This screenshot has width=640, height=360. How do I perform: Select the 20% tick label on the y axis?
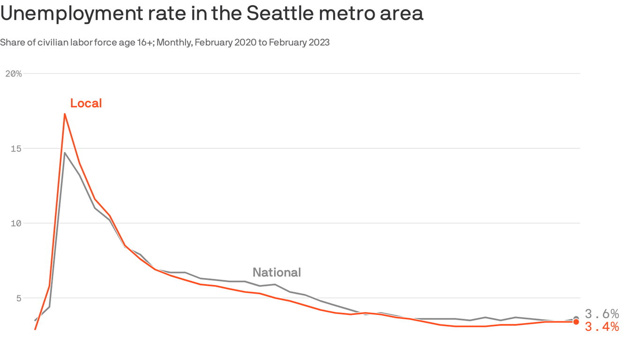(x=13, y=74)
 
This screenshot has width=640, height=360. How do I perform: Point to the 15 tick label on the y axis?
(x=17, y=149)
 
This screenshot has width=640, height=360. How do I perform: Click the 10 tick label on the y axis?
(x=17, y=223)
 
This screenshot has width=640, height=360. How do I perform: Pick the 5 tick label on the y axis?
(x=19, y=298)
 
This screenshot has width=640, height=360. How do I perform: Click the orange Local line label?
(x=86, y=103)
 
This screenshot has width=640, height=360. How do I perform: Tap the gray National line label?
(x=276, y=272)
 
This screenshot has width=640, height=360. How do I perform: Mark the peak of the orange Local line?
(x=65, y=114)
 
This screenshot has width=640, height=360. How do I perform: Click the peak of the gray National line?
(x=65, y=153)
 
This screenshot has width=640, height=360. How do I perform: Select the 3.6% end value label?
(x=602, y=314)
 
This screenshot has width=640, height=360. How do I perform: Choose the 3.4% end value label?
(x=602, y=327)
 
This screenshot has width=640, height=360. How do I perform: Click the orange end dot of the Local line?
(x=576, y=322)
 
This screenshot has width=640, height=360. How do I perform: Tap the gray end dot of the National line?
(x=576, y=319)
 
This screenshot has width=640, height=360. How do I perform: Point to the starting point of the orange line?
(x=35, y=329)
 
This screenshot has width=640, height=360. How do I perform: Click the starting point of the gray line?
(x=35, y=320)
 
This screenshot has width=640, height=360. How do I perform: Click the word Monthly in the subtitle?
(x=174, y=43)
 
